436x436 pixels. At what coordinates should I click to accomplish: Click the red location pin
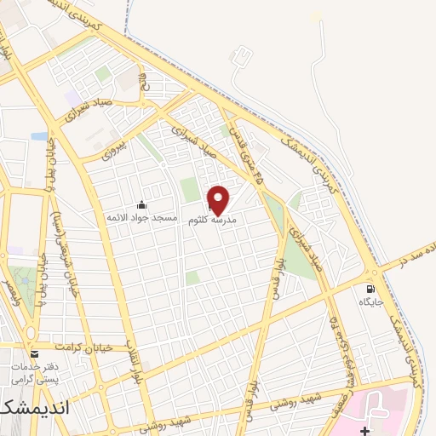point(219,199)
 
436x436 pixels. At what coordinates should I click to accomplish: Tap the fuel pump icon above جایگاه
point(370,288)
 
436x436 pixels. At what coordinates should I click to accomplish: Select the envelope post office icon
point(34,353)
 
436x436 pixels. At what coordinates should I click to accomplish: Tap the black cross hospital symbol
point(364,430)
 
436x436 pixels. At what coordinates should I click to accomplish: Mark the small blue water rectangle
point(39,135)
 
